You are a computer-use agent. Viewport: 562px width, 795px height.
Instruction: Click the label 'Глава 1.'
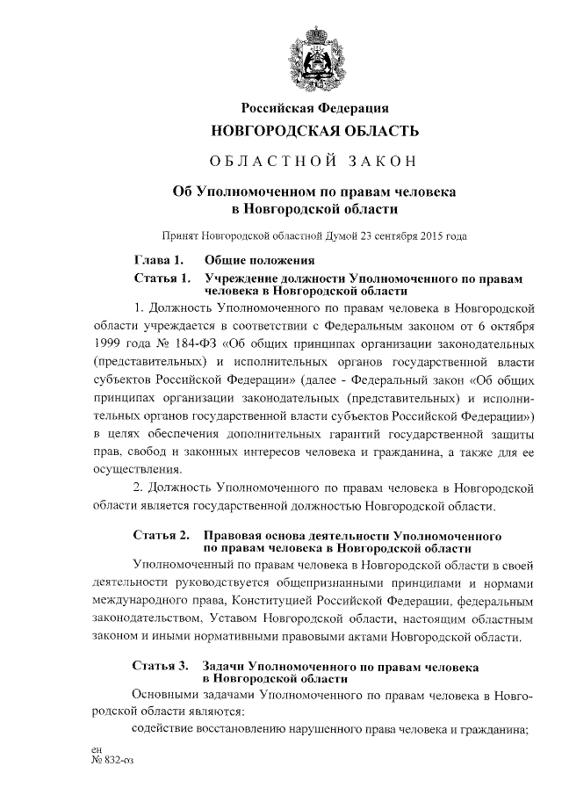tap(158, 261)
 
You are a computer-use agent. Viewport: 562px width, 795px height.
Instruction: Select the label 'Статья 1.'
tap(160, 278)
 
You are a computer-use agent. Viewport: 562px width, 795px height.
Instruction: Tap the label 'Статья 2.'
tap(161, 534)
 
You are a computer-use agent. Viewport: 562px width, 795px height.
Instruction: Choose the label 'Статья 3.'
tap(161, 666)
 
